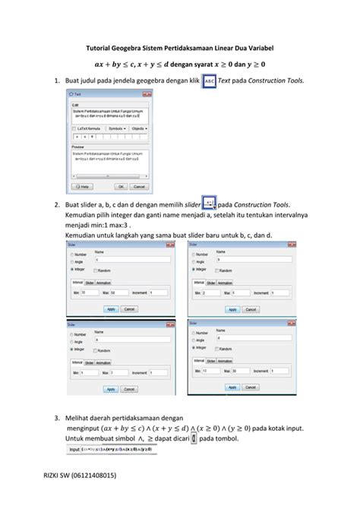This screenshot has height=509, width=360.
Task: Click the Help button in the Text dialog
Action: tap(84, 186)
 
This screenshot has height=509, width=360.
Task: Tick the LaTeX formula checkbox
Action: tap(74, 128)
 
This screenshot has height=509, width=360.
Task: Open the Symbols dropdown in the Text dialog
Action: tap(118, 128)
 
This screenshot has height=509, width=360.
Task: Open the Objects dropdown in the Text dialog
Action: tap(140, 128)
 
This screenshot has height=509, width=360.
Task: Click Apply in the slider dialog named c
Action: tap(111, 309)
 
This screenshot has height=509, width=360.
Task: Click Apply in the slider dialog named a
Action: tap(111, 388)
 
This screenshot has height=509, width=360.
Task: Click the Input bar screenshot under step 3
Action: tap(110, 449)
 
